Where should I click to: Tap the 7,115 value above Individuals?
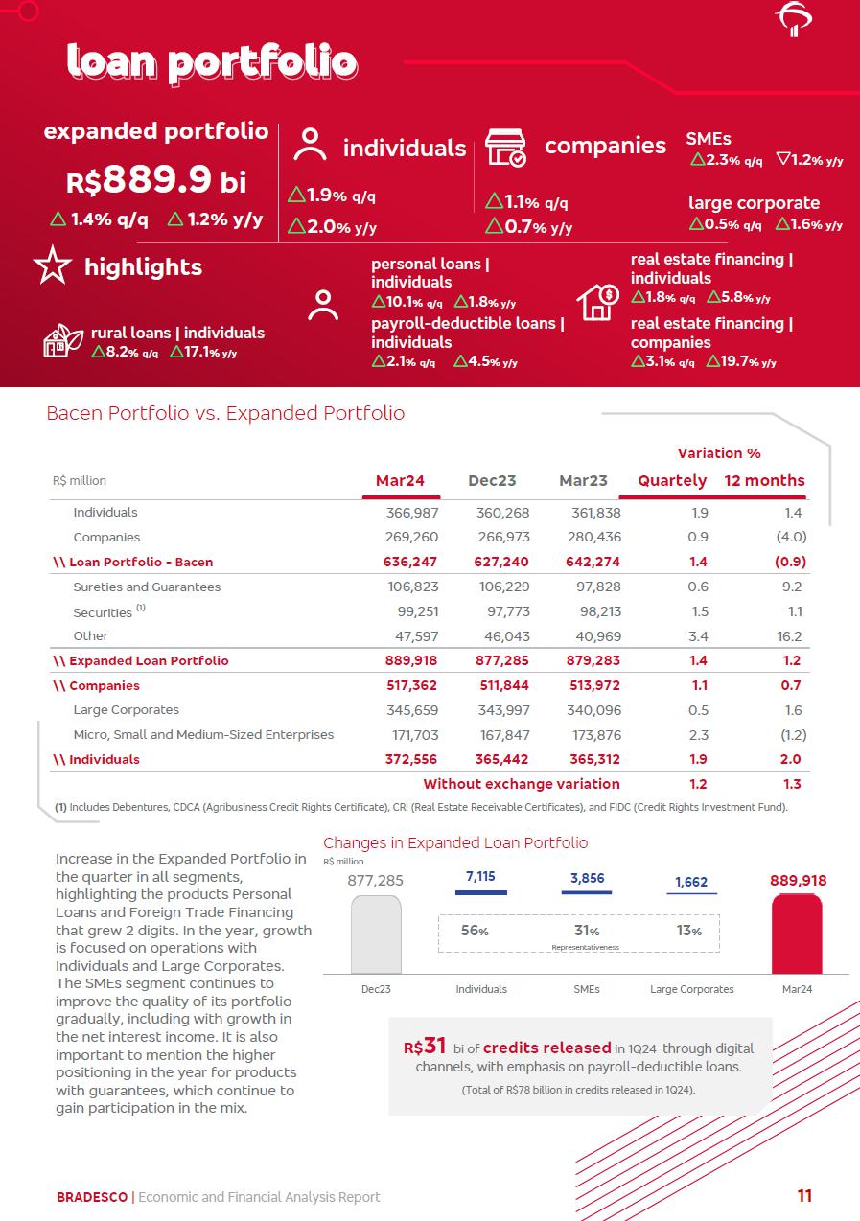[480, 877]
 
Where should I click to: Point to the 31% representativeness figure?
[587, 931]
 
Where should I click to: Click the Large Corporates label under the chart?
[691, 989]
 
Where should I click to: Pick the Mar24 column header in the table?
[400, 480]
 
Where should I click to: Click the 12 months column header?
[764, 480]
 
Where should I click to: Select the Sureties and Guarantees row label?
[147, 587]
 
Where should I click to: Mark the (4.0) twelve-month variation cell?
[791, 537]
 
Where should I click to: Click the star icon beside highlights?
[52, 265]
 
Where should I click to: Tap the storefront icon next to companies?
[505, 149]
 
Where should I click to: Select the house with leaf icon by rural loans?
[63, 341]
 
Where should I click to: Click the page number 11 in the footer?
[804, 1195]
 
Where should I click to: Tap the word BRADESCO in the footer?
[92, 1197]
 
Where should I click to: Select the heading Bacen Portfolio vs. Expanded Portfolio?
[225, 413]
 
